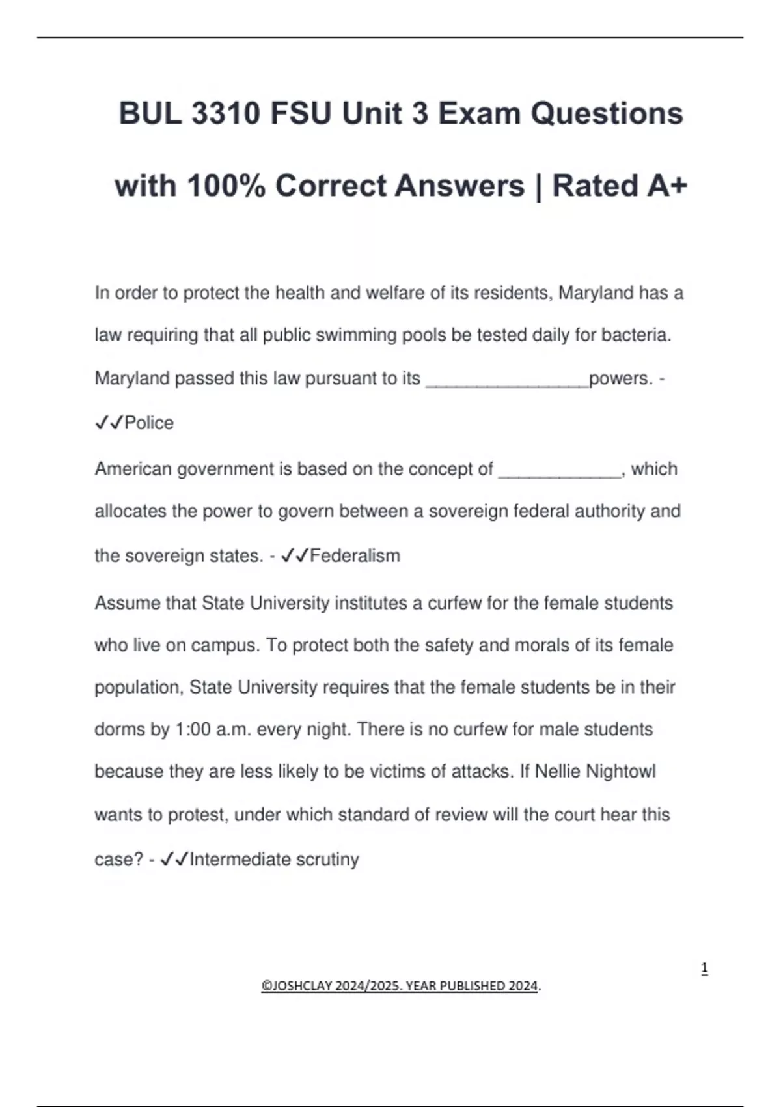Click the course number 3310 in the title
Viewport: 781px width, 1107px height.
226,114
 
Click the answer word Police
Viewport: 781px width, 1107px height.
149,423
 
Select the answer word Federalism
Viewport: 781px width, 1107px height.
355,556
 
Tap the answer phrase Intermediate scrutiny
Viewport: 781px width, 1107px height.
274,860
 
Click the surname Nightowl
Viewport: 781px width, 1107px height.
621,772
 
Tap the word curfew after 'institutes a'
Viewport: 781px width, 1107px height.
455,603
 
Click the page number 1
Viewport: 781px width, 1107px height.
704,969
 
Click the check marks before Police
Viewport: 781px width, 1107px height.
109,423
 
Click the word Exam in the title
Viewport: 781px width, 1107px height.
479,114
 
